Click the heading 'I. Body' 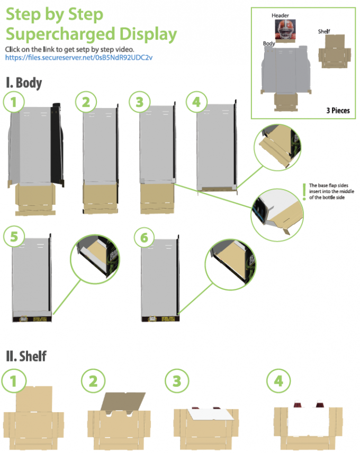[24, 83]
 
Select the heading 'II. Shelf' [26, 356]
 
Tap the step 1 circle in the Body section [14, 102]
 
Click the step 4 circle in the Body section [196, 102]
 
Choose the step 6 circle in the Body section [143, 238]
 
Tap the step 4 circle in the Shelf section [278, 380]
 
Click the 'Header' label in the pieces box [280, 16]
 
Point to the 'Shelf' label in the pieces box [324, 32]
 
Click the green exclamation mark [303, 192]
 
